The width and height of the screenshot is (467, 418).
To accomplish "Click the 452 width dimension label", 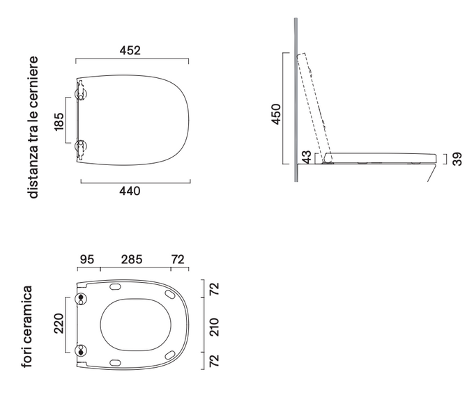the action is click(x=130, y=50).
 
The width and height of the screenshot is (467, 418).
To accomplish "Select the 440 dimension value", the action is click(x=130, y=191).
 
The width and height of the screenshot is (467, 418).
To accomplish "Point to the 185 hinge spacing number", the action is click(x=59, y=121).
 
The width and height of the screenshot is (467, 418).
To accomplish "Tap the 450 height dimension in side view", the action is click(x=276, y=114).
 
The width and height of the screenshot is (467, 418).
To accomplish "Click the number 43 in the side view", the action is click(x=306, y=157).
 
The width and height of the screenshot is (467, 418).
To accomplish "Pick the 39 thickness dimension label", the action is click(x=457, y=159).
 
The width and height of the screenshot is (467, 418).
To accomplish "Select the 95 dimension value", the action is click(x=87, y=259).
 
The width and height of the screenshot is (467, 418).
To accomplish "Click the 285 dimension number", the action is click(x=132, y=259).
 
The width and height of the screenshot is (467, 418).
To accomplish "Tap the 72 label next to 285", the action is click(x=178, y=259).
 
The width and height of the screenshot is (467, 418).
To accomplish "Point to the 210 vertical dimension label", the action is click(x=215, y=327).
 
